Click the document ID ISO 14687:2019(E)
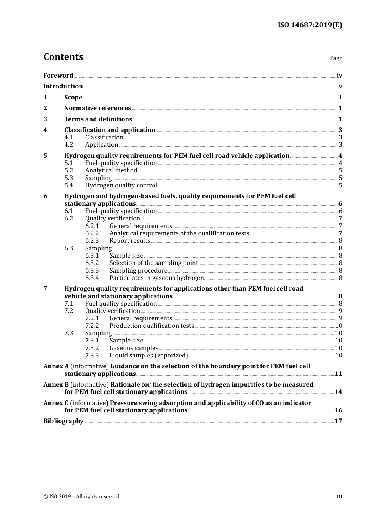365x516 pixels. pos(310,25)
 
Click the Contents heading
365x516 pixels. pos(63,57)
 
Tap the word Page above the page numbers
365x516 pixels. pos(336,58)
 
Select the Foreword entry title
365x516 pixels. pos(58,75)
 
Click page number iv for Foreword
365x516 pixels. pos(339,76)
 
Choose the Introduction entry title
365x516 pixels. pos(63,86)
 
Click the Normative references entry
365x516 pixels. pos(98,108)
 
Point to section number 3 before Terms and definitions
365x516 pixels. pos(45,119)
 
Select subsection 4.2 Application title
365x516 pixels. pos(101,145)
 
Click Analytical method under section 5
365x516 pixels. pos(111,170)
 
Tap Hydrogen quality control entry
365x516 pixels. pos(121,185)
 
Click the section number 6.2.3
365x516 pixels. pos(92,241)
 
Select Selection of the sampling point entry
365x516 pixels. pos(154,263)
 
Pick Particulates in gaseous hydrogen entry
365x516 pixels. pos(156,278)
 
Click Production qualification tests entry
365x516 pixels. pos(152,326)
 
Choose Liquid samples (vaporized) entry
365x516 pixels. pos(149,356)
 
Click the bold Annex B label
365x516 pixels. pos(56,385)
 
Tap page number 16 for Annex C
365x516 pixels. pos(338,410)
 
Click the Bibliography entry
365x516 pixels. pos(63,421)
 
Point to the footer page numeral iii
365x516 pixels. pos(339,496)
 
